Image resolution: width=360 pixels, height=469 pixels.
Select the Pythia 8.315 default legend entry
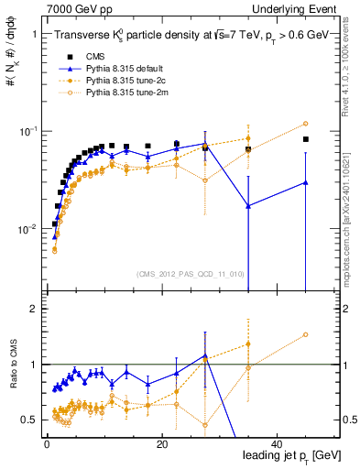[x=125, y=69]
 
